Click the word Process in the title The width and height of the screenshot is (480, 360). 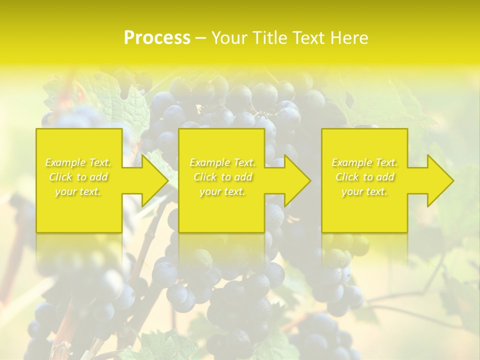click(157, 38)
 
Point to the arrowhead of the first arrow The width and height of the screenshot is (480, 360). click(155, 180)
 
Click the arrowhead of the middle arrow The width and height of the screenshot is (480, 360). click(298, 180)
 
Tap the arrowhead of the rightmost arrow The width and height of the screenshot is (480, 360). click(441, 180)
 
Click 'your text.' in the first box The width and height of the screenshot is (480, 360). click(78, 191)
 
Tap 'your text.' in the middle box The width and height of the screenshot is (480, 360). click(222, 191)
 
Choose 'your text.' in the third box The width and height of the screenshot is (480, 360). click(364, 191)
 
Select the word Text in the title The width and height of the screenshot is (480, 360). click(307, 38)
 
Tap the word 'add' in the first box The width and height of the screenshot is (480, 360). click(99, 177)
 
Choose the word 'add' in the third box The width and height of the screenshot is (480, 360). click(385, 177)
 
